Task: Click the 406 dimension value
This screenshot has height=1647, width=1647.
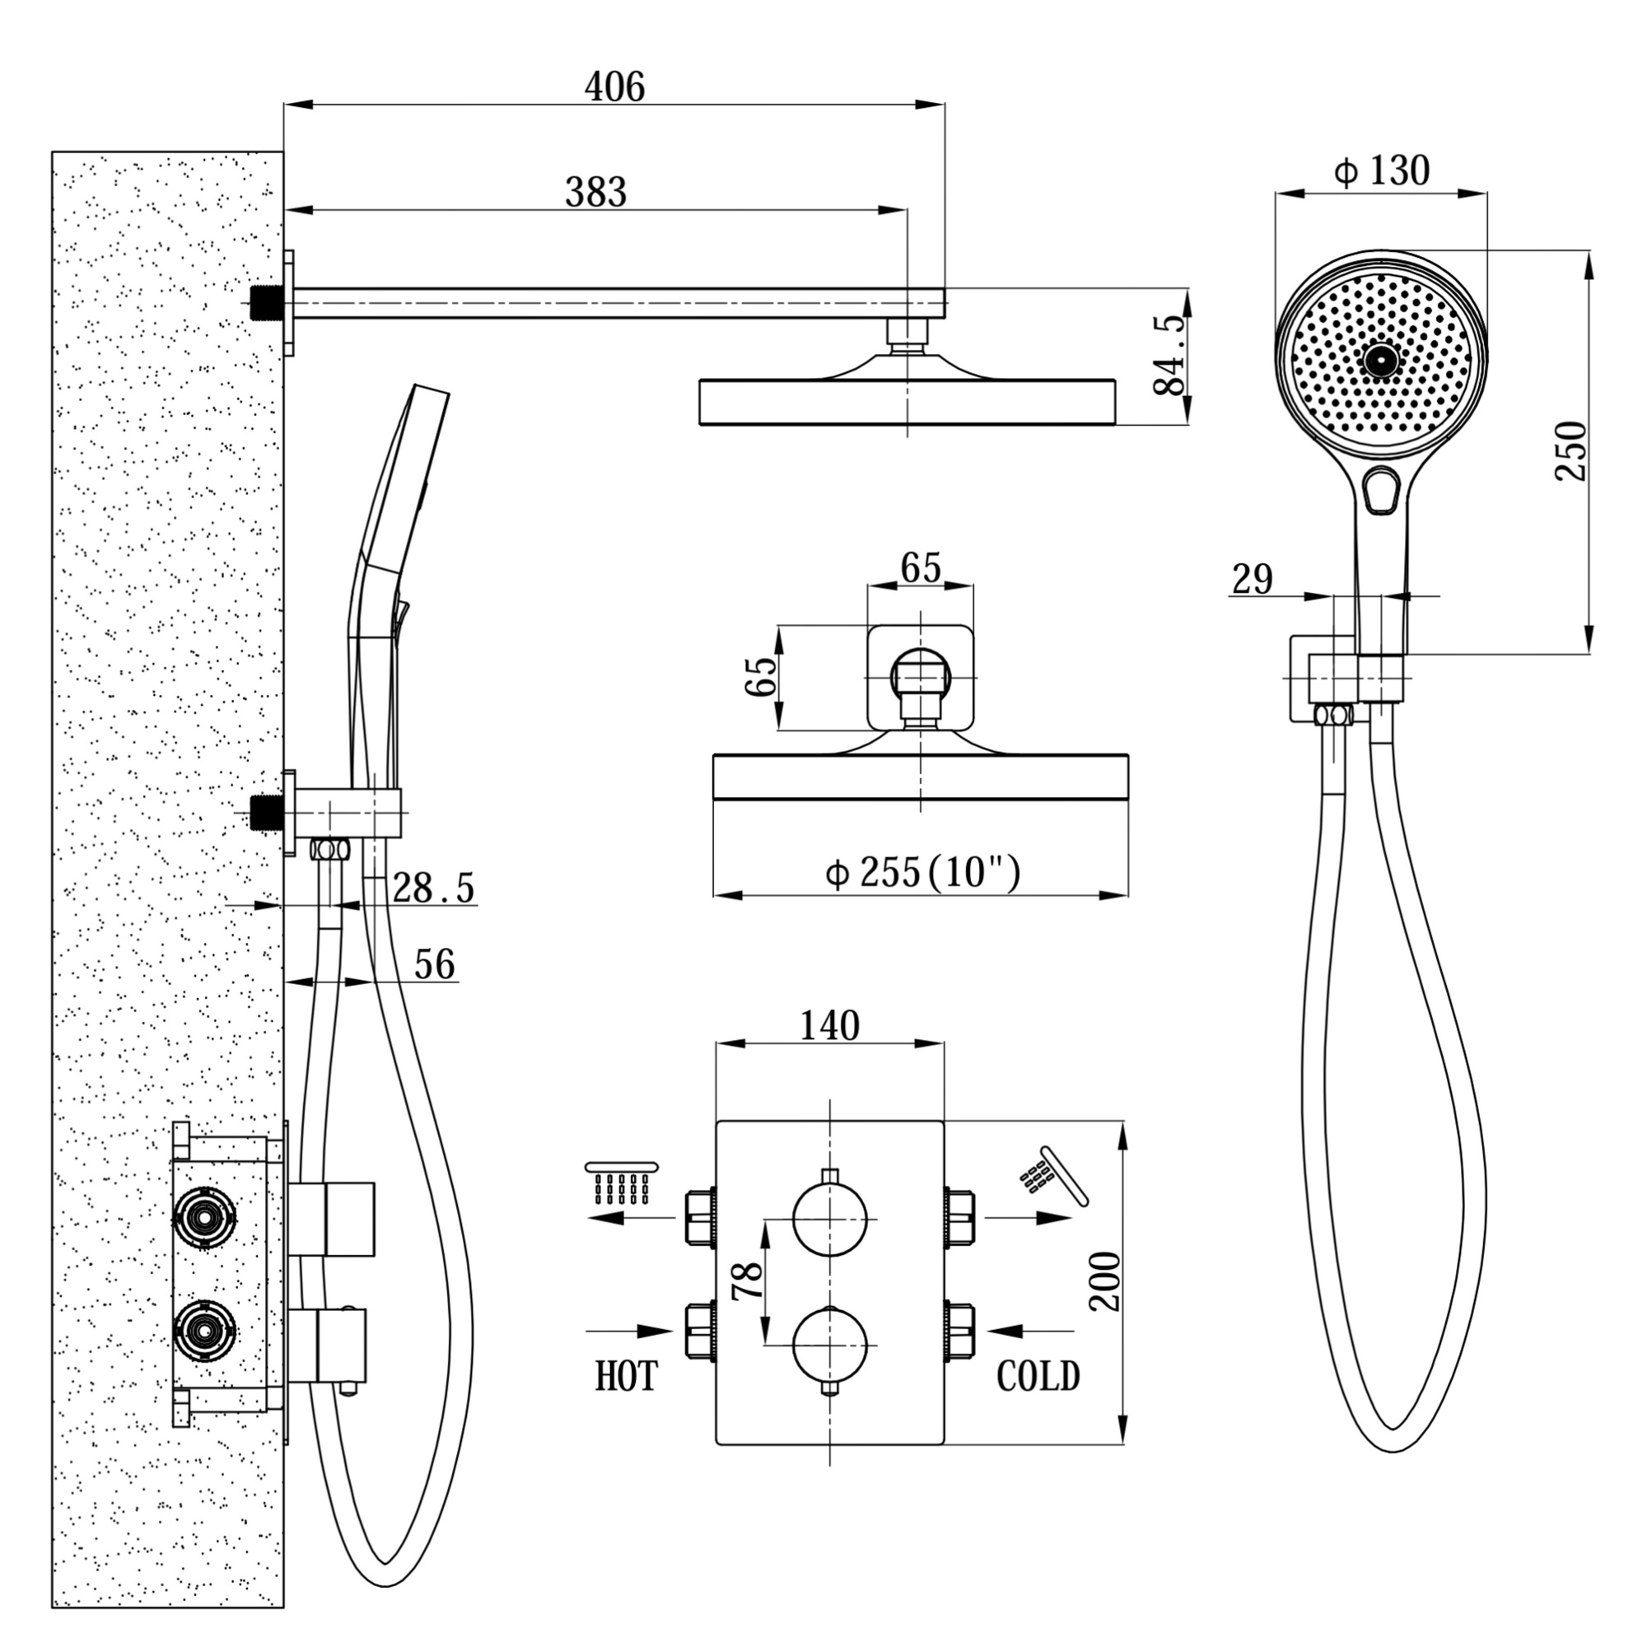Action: click(614, 87)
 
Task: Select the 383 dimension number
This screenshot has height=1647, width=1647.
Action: click(596, 193)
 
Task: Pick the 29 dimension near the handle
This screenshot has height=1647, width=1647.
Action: click(1253, 580)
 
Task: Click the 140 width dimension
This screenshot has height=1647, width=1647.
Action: click(829, 1026)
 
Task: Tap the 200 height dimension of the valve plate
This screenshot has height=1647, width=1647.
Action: click(1106, 1281)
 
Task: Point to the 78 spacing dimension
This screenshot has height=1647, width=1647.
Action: click(748, 1281)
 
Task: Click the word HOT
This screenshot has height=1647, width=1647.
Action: click(627, 1376)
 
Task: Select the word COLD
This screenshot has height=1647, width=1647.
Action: click(1038, 1376)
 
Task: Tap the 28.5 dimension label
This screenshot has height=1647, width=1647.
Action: click(433, 889)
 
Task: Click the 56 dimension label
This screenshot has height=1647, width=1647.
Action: click(435, 964)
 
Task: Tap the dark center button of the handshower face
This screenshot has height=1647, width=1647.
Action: click(1381, 360)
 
